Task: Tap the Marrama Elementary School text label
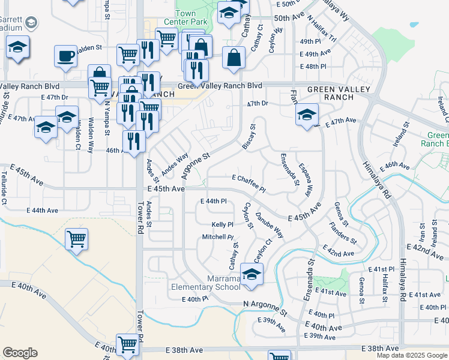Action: [x=206, y=283]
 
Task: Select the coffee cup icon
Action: [x=65, y=57]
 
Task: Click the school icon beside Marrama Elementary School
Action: [x=252, y=275]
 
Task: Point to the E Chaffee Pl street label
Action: [x=249, y=183]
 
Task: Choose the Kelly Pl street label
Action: [x=222, y=224]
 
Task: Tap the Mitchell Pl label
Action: [x=217, y=237]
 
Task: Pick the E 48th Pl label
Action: [x=313, y=66]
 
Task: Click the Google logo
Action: [x=20, y=353]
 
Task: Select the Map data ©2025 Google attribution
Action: [x=412, y=355]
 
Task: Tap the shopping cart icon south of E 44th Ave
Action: [x=76, y=240]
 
